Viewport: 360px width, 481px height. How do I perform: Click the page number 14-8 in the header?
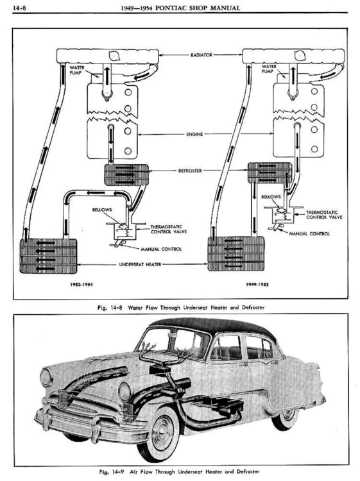[x=19, y=8]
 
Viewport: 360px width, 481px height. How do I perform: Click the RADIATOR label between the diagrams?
[x=201, y=55]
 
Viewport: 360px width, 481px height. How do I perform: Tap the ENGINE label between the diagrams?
[x=194, y=134]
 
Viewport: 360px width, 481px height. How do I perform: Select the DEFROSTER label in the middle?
[x=190, y=171]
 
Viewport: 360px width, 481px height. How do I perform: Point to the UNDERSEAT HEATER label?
[x=140, y=264]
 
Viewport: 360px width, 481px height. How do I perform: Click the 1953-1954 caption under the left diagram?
[x=81, y=284]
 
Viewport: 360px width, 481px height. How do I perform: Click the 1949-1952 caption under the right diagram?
[x=257, y=284]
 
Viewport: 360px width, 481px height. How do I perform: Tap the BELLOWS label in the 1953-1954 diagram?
[x=102, y=210]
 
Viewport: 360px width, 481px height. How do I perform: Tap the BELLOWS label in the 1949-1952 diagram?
[x=271, y=197]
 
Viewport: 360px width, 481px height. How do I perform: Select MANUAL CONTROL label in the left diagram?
[x=161, y=249]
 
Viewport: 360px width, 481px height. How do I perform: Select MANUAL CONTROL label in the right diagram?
[x=309, y=233]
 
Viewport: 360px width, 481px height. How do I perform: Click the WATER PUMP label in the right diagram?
[x=269, y=69]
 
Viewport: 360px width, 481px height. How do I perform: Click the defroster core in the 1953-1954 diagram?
[x=126, y=175]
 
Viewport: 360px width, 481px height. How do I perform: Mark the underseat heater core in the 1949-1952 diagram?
[x=236, y=254]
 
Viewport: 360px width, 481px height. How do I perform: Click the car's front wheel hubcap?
[x=165, y=430]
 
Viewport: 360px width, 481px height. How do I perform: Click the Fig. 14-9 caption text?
[x=179, y=471]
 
